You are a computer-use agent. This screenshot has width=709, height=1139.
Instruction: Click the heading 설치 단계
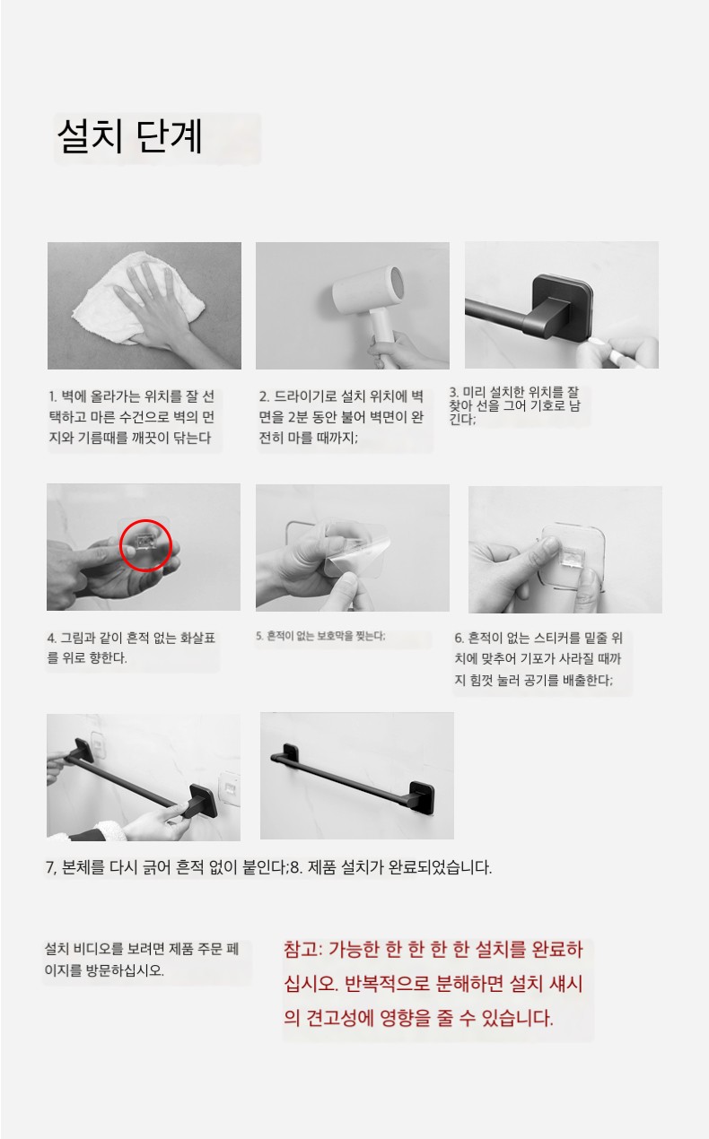pos(130,135)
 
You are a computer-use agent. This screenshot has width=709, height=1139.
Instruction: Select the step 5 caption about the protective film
pos(320,636)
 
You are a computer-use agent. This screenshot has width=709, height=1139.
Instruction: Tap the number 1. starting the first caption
pos(53,396)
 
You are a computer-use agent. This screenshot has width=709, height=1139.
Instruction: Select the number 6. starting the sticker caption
pos(460,638)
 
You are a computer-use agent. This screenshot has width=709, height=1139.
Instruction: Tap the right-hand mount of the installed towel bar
pos(423,796)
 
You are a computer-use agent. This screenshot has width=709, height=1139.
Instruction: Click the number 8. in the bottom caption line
pos(296,867)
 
